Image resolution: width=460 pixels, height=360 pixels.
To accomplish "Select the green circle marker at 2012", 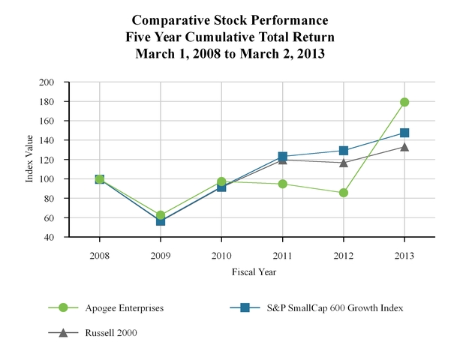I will pyautogui.click(x=344, y=193).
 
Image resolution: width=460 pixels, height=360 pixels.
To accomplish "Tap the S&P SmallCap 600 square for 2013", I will pyautogui.click(x=404, y=133).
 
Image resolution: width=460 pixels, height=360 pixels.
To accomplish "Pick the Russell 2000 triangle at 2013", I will pyautogui.click(x=404, y=147).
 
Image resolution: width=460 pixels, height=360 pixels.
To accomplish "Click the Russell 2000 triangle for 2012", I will pyautogui.click(x=344, y=162).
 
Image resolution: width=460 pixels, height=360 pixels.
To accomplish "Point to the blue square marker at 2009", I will pyautogui.click(x=161, y=220).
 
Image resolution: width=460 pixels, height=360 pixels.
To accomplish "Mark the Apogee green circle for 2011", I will pyautogui.click(x=283, y=184).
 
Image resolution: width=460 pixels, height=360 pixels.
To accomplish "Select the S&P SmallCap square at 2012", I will pyautogui.click(x=344, y=151).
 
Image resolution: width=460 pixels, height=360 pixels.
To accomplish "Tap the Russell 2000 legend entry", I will pyautogui.click(x=101, y=332).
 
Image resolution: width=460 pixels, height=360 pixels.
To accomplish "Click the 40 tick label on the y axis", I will pyautogui.click(x=59, y=237).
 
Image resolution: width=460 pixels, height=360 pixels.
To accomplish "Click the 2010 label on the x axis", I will pyautogui.click(x=221, y=255).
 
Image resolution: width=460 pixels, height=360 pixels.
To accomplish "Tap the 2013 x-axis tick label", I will pyautogui.click(x=404, y=255).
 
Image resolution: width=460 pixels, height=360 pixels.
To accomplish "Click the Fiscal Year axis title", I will pyautogui.click(x=252, y=271).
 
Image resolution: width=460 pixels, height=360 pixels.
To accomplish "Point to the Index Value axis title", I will pyautogui.click(x=31, y=159).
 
